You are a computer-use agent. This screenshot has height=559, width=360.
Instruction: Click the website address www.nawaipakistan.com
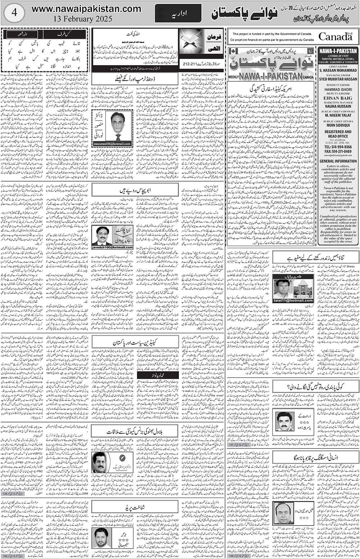[86, 9]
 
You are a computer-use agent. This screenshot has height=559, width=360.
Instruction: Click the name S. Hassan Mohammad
[337, 71]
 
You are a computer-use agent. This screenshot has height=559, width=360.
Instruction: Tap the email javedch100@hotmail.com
[112, 247]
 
